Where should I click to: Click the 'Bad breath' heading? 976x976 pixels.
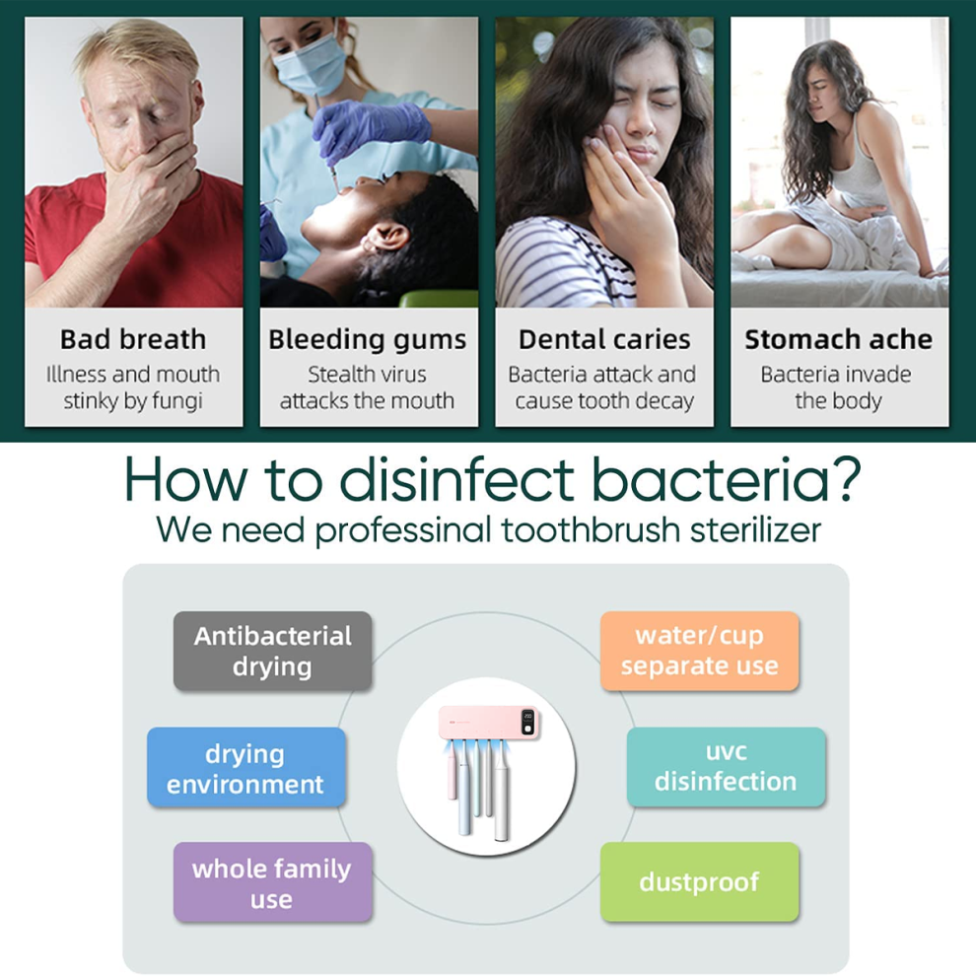[x=133, y=340]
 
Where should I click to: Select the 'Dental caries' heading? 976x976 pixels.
[x=604, y=340]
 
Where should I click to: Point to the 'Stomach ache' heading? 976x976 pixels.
[x=838, y=340]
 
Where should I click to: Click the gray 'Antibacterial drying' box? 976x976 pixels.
[x=273, y=651]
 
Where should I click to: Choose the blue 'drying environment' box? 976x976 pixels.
[x=245, y=767]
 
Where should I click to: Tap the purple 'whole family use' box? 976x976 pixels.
[x=273, y=882]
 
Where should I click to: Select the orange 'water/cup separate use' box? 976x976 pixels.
[x=700, y=651]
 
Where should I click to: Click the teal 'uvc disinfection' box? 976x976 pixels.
[x=726, y=767]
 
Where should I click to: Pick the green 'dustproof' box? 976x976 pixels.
[x=700, y=882]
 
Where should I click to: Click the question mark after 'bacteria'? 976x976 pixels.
[x=845, y=477]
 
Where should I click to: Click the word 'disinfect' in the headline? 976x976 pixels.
[x=456, y=478]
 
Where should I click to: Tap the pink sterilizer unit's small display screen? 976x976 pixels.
[x=527, y=722]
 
